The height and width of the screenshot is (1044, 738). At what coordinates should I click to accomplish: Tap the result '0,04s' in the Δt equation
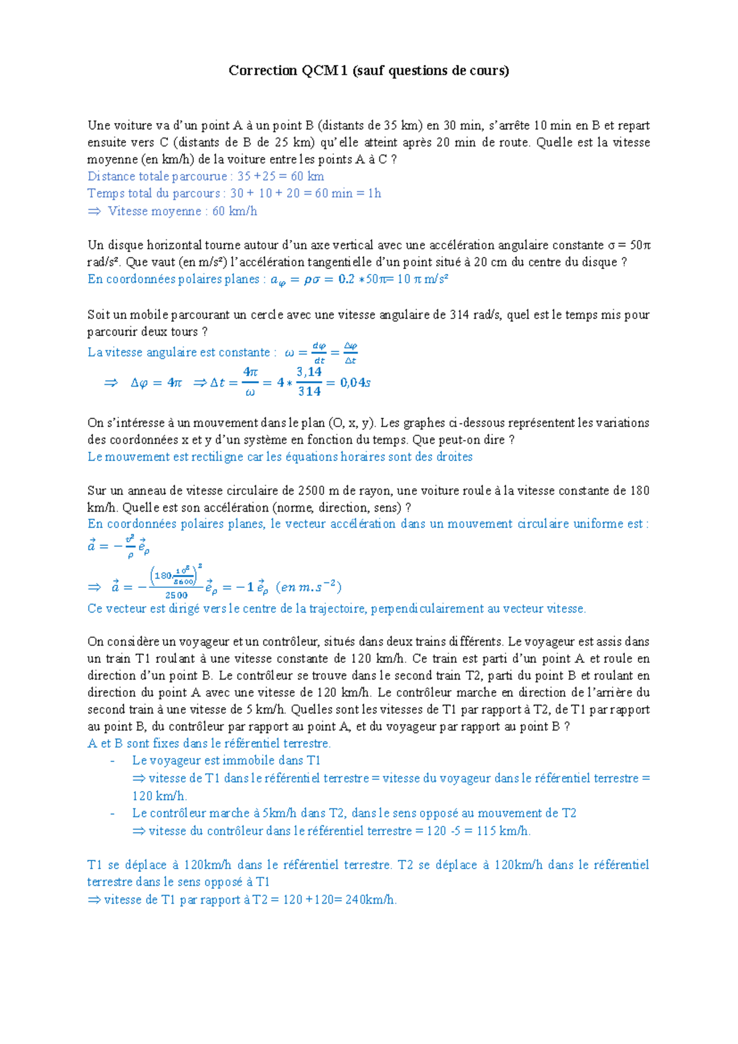pos(355,383)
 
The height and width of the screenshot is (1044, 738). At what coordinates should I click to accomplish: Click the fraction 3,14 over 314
pos(309,382)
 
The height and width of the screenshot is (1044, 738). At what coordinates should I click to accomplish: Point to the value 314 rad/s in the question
pos(476,315)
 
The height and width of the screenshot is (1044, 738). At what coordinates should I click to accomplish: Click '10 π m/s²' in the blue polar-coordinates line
pos(422,279)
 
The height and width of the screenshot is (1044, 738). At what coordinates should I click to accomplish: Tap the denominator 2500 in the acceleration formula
pos(176,595)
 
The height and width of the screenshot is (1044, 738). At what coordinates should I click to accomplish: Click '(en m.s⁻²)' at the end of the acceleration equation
pos(309,587)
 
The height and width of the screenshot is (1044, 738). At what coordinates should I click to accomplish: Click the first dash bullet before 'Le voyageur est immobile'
pos(113,761)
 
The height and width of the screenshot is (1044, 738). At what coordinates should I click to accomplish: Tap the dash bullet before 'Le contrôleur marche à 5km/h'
pos(113,814)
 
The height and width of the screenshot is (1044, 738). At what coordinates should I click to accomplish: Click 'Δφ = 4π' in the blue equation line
pos(156,383)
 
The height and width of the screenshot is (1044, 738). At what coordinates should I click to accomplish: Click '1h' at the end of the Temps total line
pos(375,193)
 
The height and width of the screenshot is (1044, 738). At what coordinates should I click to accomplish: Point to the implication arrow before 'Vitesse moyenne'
pos(94,211)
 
